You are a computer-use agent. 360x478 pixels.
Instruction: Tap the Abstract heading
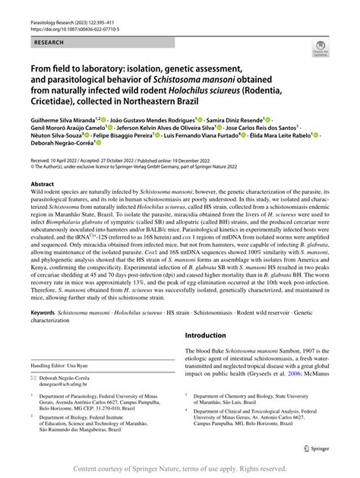tap(42, 185)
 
